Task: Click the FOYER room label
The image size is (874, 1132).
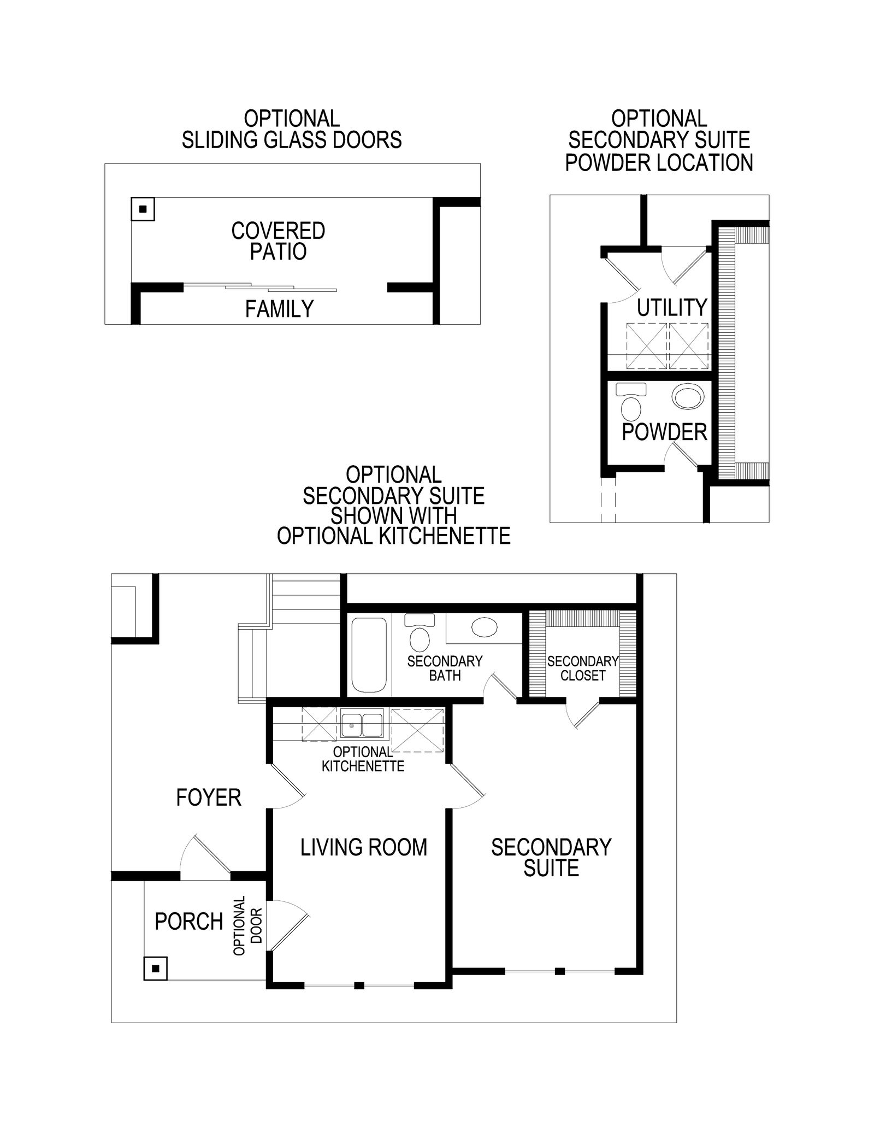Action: (x=208, y=797)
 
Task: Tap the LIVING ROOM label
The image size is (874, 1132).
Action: (x=364, y=847)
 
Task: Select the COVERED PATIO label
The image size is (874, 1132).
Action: (x=278, y=241)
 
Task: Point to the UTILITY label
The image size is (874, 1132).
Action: (x=672, y=308)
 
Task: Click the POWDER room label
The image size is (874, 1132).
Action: (x=664, y=432)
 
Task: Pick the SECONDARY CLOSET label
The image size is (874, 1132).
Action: (x=583, y=668)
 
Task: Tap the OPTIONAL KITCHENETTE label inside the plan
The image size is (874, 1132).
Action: (x=363, y=759)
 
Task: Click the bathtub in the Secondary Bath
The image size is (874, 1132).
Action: (x=369, y=654)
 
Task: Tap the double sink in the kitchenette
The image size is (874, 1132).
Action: (x=361, y=725)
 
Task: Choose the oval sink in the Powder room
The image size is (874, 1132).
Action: (x=688, y=396)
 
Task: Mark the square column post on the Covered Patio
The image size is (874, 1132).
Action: (x=143, y=209)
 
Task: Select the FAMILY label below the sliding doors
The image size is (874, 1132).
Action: (x=279, y=309)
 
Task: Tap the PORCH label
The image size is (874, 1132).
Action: (x=189, y=922)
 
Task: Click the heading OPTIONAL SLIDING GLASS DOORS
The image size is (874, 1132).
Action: (x=292, y=130)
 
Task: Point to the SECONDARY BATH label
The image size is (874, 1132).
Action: (x=445, y=668)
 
